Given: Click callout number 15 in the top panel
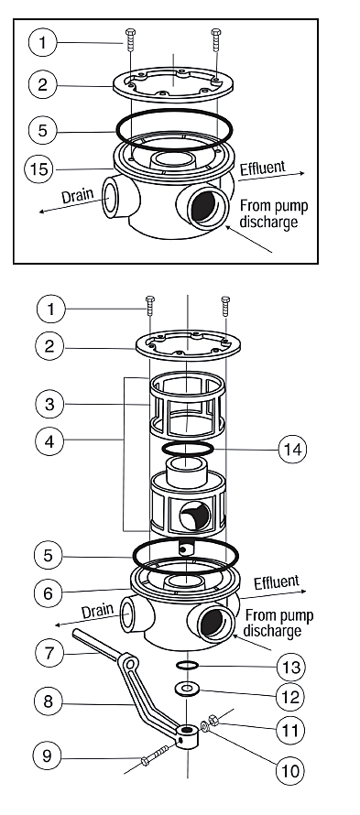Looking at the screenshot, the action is pos(39,168).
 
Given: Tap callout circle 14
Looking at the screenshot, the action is pos(292,449).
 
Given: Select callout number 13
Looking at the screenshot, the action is pos(291,667).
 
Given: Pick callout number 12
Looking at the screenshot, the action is pos(291,697).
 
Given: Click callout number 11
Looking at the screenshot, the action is pos(290,730).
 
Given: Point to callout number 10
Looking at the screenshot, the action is pos(290,769).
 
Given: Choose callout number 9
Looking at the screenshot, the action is pos(48,755).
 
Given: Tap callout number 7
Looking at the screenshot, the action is pos(49,652).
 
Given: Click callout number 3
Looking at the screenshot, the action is pos(49,404).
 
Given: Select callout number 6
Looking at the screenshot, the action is pos(49,593).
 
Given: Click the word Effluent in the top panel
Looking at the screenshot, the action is pos(263,168).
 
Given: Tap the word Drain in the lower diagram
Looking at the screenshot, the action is pos(97,611).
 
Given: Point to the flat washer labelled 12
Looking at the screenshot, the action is pos(188,689).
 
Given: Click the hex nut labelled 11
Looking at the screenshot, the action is pos(213,720).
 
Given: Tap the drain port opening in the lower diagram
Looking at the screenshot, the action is pos(126,614).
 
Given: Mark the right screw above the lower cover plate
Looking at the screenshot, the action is pos(225,306).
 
